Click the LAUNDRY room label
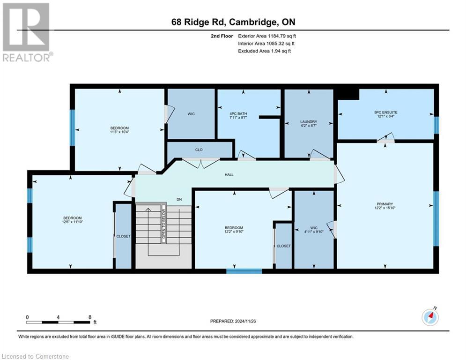coord(309,121)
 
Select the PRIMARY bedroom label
coord(385,204)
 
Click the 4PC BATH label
coord(238,114)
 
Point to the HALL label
coord(229,175)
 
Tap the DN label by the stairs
coord(179,200)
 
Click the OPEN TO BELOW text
coord(163,224)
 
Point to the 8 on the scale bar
coord(89,317)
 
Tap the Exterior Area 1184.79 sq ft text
coord(267,36)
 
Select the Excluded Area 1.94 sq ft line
coord(264,51)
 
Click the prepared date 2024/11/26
coord(233,321)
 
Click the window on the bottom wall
coord(244,271)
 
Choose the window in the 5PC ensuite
coord(436,125)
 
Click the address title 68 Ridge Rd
coord(233,22)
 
